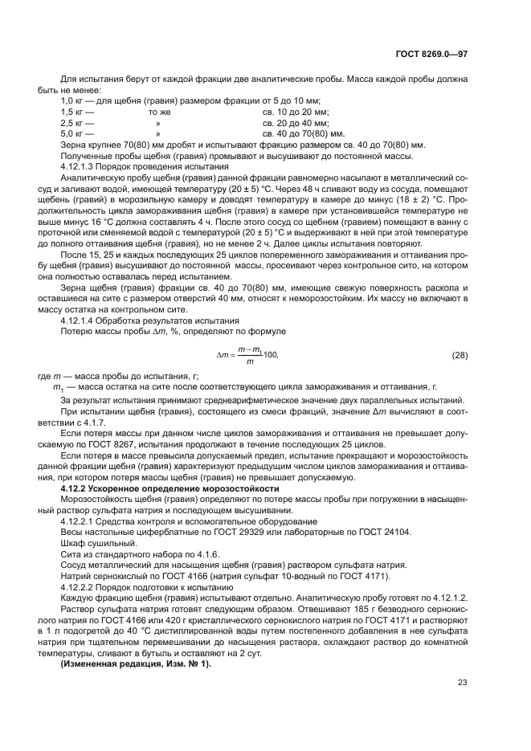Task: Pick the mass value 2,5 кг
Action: tap(73, 123)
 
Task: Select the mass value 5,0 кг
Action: tap(73, 133)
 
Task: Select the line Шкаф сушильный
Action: tap(93, 541)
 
